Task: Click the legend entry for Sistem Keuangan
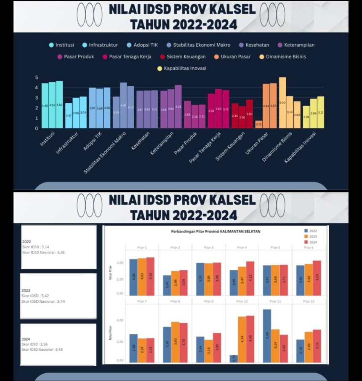(x=186, y=56)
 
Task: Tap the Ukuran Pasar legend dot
(x=216, y=56)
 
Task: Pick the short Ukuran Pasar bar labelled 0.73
(x=258, y=124)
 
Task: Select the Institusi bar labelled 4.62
(x=59, y=104)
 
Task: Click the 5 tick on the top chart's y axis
(x=37, y=77)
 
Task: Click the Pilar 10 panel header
(x=242, y=301)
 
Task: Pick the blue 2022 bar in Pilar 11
(x=267, y=336)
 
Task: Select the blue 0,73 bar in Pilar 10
(x=233, y=359)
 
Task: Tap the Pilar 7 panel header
(x=141, y=301)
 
